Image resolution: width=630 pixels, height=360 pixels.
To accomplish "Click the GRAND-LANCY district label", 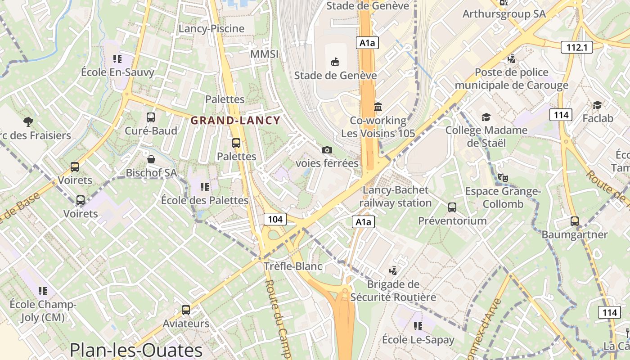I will (x=235, y=121).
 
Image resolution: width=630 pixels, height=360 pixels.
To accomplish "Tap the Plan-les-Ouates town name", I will (x=136, y=350).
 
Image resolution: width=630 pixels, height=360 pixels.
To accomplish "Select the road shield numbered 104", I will (x=274, y=219).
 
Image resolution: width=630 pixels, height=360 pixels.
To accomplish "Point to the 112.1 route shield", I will (x=577, y=47).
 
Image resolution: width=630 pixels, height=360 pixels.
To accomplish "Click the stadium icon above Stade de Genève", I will (x=335, y=61).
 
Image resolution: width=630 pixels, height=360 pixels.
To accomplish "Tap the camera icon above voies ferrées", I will (x=327, y=150).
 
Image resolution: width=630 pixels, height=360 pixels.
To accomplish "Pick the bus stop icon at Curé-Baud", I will (x=151, y=117).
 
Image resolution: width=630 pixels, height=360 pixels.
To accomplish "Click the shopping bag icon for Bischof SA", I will (x=151, y=159).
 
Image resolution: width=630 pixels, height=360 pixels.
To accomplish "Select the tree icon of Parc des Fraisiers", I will (x=28, y=121).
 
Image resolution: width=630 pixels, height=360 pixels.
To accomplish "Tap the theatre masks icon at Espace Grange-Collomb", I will (x=503, y=178).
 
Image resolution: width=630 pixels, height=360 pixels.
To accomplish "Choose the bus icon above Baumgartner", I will (x=575, y=221).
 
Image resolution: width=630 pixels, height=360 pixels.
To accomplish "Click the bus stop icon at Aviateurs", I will (x=186, y=310).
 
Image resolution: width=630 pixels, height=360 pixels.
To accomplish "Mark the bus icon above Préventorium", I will (x=452, y=207).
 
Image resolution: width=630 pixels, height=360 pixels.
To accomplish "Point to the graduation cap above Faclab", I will (x=597, y=105).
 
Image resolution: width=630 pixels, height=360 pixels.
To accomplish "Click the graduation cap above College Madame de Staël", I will (x=486, y=117).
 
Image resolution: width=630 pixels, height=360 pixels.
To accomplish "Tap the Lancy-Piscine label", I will (x=211, y=29).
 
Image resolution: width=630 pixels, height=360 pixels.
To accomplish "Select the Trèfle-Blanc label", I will (x=293, y=266).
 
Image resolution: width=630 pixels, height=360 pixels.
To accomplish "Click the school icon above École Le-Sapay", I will (x=418, y=326).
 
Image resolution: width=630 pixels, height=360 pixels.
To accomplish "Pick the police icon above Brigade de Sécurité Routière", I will (x=393, y=270).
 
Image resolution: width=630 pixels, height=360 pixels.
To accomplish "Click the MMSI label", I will (x=264, y=54).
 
